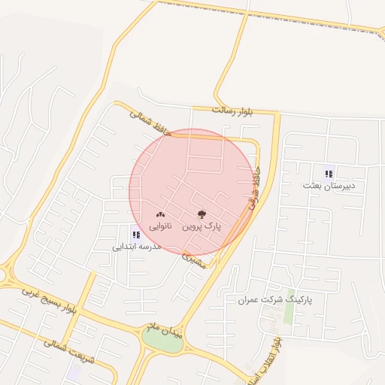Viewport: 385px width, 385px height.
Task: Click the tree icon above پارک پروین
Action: [x=201, y=215]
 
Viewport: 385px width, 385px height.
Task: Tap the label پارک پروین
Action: [x=202, y=226]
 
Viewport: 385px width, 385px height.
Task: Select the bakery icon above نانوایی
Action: [x=160, y=215]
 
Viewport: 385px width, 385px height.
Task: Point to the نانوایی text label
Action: [x=160, y=226]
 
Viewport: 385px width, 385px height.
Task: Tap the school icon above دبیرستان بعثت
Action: [x=329, y=174]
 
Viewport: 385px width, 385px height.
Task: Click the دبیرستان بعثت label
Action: [x=329, y=185]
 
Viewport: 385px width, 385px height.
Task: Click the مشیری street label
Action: [x=194, y=260]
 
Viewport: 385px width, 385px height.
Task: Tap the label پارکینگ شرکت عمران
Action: [x=274, y=299]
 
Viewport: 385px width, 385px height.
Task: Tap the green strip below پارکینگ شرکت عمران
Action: [x=289, y=317]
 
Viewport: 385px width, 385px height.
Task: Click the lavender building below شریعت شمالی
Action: [x=74, y=371]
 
